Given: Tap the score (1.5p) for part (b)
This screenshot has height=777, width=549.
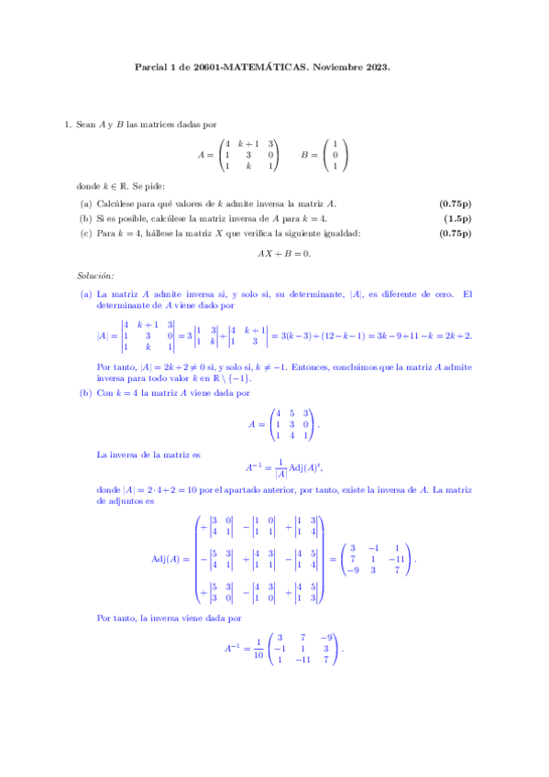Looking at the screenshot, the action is click(x=457, y=218).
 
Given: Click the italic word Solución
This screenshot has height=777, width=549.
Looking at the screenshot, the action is click(x=93, y=276).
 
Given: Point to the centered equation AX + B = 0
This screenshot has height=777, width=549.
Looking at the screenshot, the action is click(x=274, y=254).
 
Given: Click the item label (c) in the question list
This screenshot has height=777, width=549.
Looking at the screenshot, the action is click(x=86, y=233).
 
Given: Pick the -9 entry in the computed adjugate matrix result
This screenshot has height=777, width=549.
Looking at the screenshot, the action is click(x=354, y=571).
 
